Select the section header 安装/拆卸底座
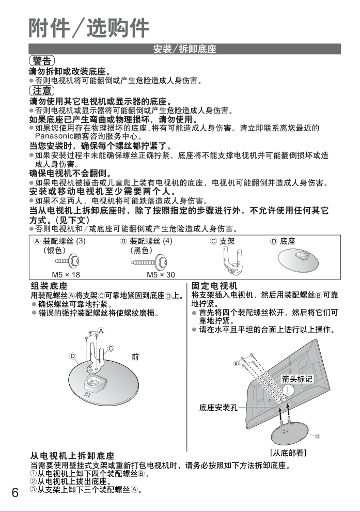184,50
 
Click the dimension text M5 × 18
66,274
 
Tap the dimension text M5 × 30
161,274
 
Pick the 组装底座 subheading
49,286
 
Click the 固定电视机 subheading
214,286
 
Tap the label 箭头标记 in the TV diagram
297,379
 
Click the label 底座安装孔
218,408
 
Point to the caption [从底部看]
289,453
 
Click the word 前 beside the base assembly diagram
135,356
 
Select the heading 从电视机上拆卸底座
72,456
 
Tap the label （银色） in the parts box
55,250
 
